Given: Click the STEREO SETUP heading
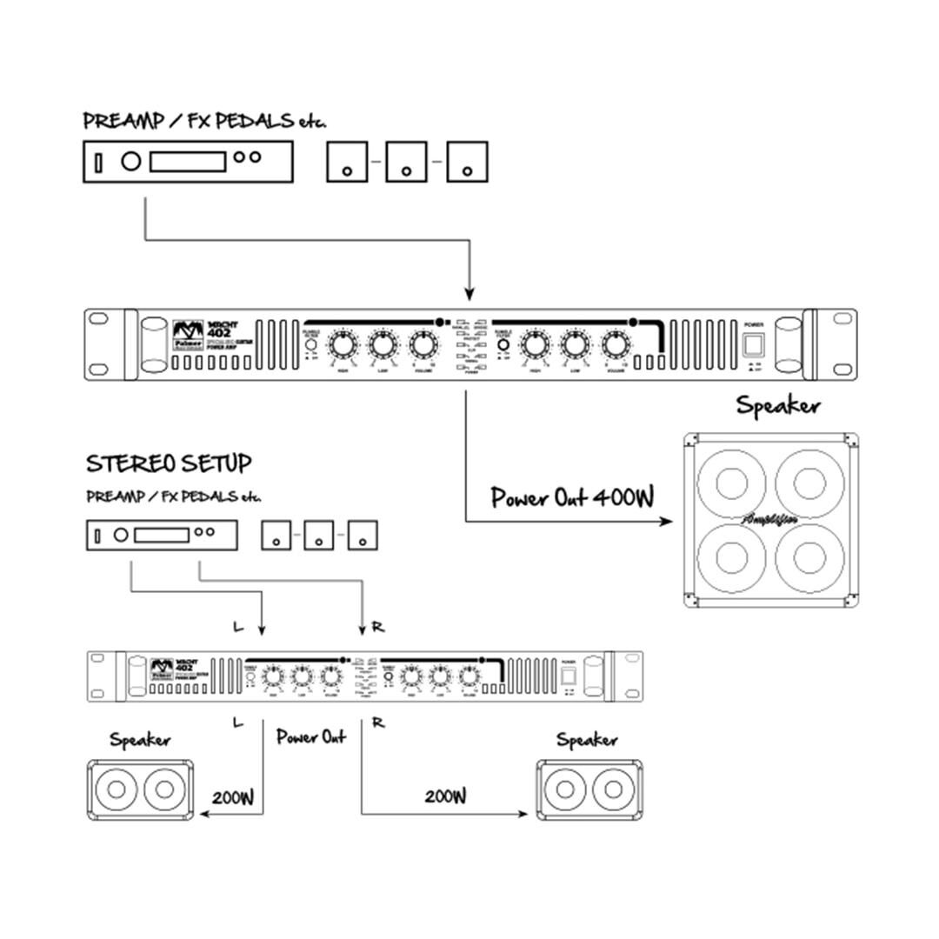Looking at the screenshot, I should [x=169, y=463].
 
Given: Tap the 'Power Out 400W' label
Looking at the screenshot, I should [x=571, y=498].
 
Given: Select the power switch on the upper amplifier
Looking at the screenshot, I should [x=753, y=343].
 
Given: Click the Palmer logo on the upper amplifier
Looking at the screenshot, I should [x=185, y=335].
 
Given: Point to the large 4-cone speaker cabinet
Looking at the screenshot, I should [x=771, y=520].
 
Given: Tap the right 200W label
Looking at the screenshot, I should [x=446, y=796].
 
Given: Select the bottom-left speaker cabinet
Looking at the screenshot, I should [x=140, y=790].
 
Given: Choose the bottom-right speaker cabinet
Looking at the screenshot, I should [x=589, y=790].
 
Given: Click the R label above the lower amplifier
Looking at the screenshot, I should [x=378, y=627].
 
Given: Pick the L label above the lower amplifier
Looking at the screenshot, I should [x=238, y=627].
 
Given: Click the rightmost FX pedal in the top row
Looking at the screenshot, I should [x=467, y=162].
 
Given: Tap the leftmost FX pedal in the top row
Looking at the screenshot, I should [x=347, y=162].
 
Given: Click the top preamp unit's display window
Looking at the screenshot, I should [x=188, y=161].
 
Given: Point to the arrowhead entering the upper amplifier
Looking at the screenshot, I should [x=469, y=293].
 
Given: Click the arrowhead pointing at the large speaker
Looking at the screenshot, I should [x=667, y=522].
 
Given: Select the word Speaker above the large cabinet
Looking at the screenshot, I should [x=778, y=406].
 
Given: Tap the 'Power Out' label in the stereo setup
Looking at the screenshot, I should [x=310, y=736].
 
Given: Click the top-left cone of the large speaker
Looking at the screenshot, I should [x=732, y=481].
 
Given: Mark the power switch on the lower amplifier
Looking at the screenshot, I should [x=569, y=675].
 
